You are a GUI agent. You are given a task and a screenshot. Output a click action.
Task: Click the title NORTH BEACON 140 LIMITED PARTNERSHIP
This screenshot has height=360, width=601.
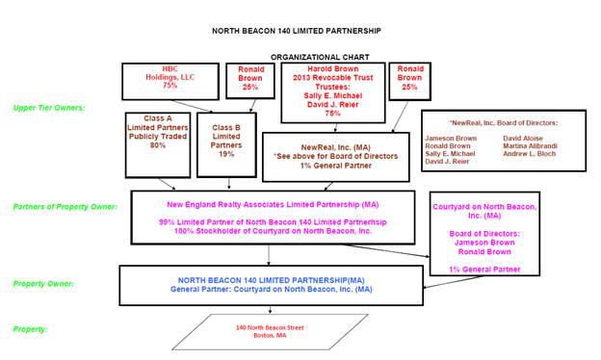(297, 31)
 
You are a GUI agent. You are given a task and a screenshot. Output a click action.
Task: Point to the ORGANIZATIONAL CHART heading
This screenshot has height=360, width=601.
(320, 58)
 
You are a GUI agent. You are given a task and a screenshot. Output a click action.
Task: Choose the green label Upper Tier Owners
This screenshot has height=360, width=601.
(49, 108)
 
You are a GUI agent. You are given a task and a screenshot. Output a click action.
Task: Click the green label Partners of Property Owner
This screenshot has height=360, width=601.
(65, 207)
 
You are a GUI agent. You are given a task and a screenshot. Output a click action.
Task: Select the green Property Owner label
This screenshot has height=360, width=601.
(43, 284)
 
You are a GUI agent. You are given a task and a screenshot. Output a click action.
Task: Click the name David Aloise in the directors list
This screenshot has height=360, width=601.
(523, 139)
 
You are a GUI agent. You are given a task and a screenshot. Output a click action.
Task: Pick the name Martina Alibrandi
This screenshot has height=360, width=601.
(530, 146)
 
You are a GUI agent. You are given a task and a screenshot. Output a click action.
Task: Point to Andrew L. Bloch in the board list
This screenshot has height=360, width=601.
(530, 154)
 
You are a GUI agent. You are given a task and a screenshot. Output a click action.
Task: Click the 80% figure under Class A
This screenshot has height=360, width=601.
(158, 145)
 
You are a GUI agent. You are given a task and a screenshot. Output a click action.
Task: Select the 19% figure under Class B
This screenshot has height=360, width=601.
(226, 154)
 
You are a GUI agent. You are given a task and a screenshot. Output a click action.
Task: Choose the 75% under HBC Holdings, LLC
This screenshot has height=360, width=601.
(170, 86)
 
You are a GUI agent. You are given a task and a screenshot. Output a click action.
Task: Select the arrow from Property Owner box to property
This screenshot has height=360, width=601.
(271, 309)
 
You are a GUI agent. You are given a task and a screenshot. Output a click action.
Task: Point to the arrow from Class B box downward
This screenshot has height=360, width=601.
(229, 184)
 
